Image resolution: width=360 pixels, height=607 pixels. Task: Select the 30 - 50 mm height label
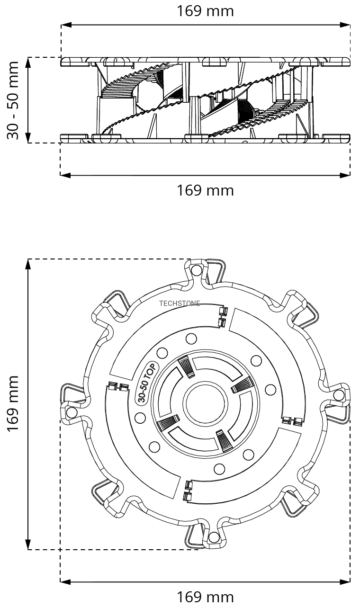pos(13,100)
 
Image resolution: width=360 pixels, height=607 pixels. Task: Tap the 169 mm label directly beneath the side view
pos(205,190)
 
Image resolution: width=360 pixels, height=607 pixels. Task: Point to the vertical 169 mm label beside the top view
pos(13,403)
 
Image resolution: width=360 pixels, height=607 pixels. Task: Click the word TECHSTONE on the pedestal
pos(180,303)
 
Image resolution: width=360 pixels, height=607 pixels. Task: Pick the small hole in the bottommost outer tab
pos(214,537)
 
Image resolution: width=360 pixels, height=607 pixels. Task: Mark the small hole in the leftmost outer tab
pos(72,412)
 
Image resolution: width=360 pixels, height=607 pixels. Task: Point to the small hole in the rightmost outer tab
pos(338,395)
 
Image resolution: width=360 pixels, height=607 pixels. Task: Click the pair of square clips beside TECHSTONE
pos(222,316)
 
